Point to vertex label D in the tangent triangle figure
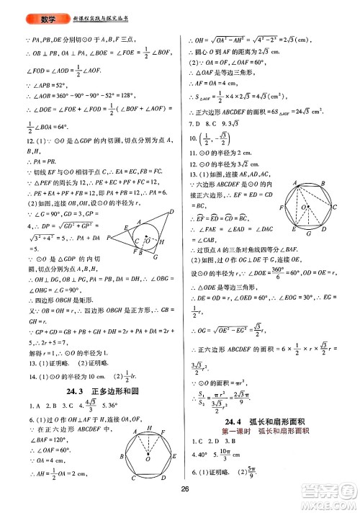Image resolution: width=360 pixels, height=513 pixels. [x=171, y=210]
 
